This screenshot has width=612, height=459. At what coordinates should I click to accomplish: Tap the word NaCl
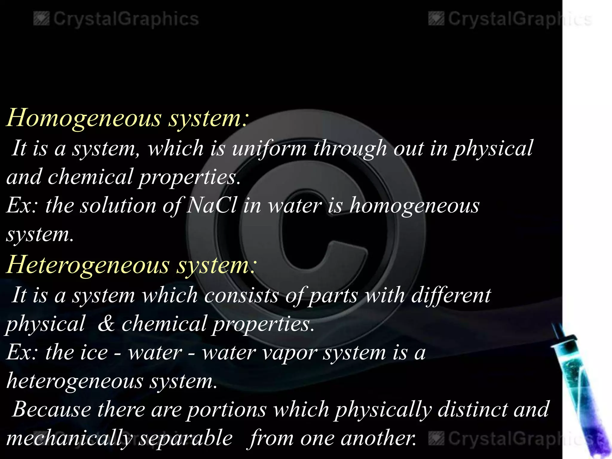[212, 206]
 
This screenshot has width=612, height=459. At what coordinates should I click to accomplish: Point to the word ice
[93, 353]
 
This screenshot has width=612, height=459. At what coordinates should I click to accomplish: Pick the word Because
[52, 409]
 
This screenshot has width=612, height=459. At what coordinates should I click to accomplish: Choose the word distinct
[472, 409]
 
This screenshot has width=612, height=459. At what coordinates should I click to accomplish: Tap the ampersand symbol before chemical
[106, 324]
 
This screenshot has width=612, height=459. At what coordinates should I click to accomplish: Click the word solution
[118, 206]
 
